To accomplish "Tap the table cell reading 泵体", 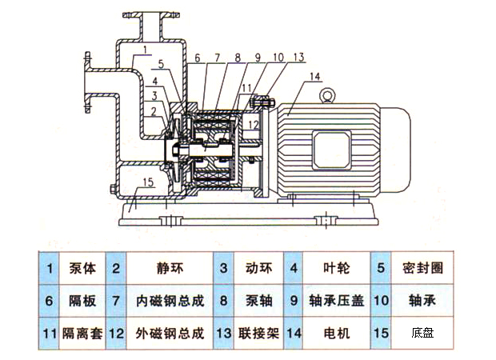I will click(x=82, y=270).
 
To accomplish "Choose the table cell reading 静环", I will click(x=170, y=270).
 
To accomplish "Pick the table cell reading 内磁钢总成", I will click(x=170, y=302).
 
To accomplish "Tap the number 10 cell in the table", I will click(x=380, y=302).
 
